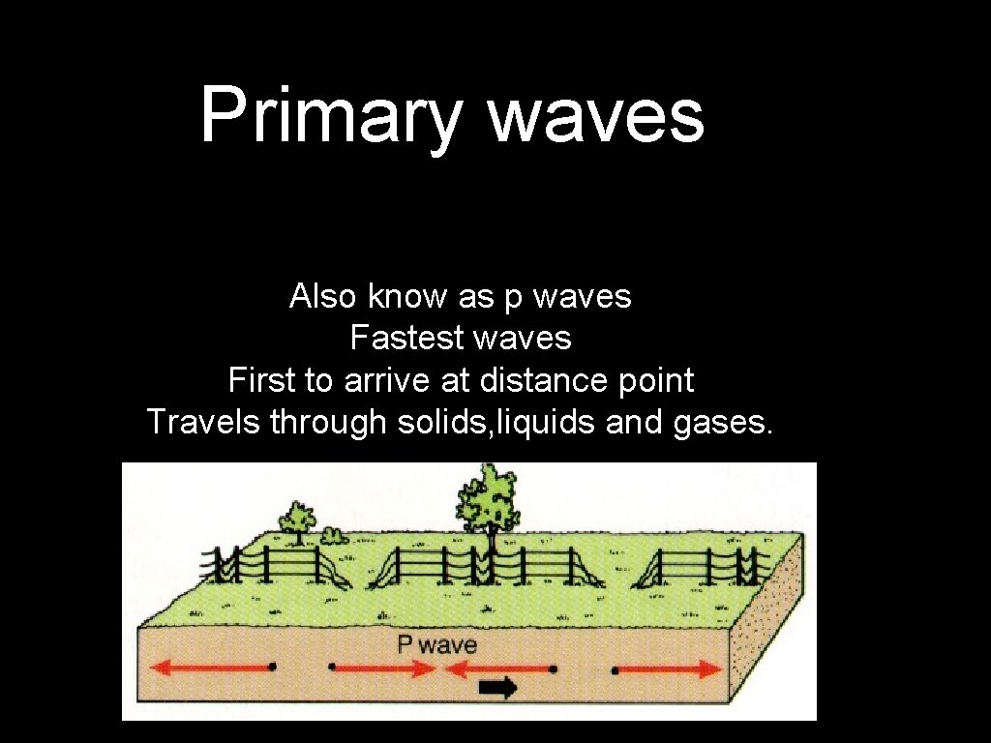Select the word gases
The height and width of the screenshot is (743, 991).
coord(723,422)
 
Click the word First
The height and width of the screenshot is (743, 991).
coord(262,380)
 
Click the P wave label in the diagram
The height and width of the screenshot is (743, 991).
coord(437,644)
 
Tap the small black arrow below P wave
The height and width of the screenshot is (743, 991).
coord(498,687)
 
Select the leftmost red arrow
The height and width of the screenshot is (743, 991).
coord(213,667)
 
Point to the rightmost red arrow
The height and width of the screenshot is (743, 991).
coord(669,669)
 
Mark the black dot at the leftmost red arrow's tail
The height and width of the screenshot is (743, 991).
coord(272,667)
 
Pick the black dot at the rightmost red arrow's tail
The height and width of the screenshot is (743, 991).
coord(615,669)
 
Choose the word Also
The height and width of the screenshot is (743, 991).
coord(324,296)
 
